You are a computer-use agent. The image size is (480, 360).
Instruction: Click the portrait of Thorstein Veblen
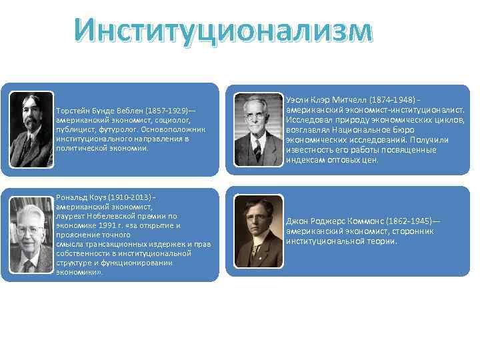pos(31,129)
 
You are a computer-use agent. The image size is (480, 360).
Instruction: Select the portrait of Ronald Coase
pos(31,235)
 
